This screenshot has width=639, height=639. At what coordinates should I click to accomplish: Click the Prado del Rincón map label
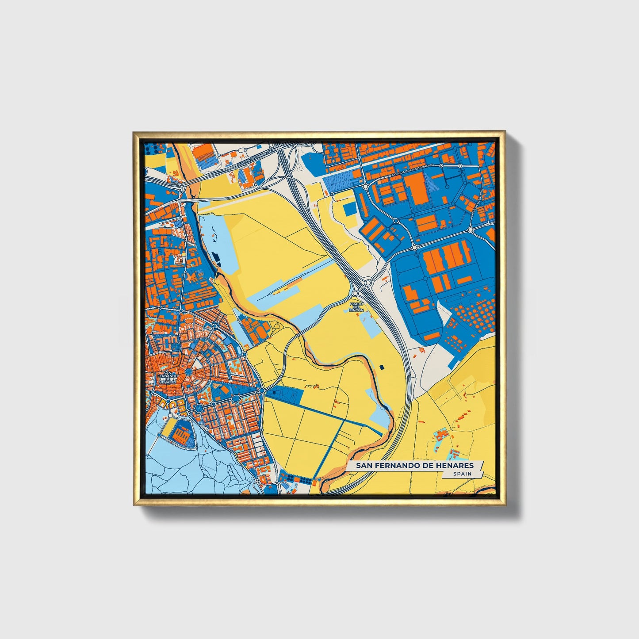click(356, 307)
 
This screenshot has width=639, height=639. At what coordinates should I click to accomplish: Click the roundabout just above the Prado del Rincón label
click(356, 293)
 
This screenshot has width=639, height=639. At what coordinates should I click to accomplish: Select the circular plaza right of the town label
click(189, 372)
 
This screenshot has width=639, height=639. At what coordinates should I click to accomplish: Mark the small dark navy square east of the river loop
click(382, 367)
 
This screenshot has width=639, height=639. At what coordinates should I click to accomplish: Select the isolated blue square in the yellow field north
click(349, 210)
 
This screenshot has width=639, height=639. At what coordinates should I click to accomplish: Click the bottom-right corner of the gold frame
click(504, 505)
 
